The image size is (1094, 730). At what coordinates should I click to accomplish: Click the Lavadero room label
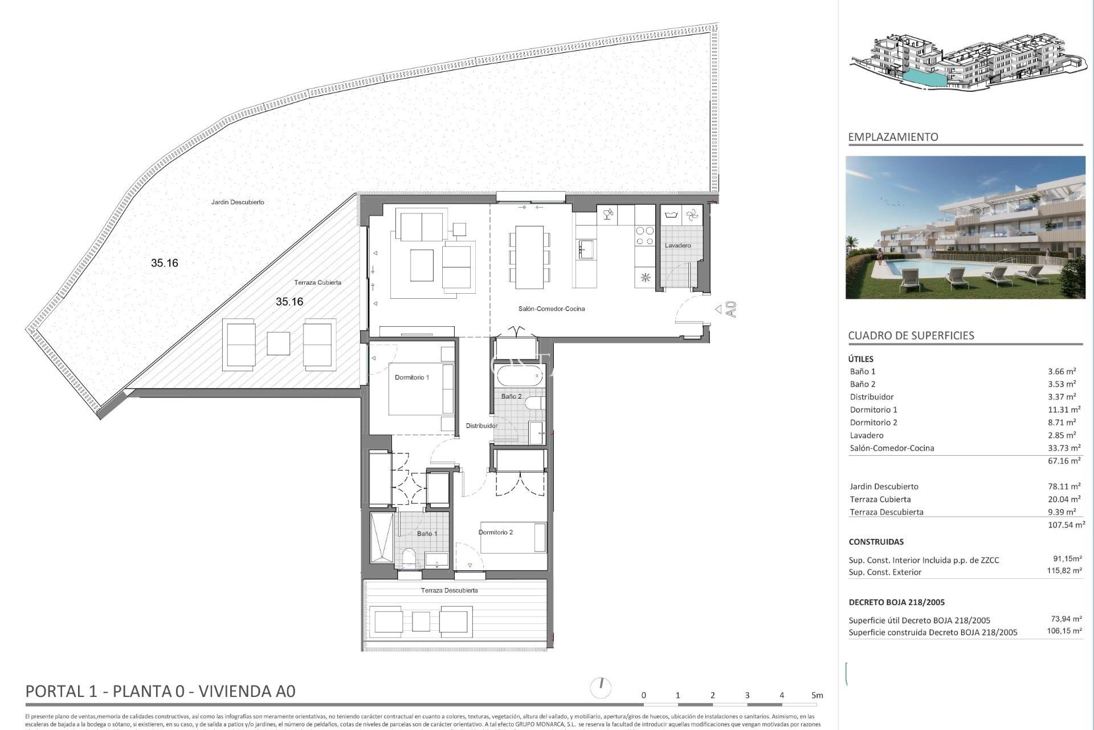click(677, 245)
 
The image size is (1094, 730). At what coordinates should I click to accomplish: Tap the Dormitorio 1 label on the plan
click(411, 378)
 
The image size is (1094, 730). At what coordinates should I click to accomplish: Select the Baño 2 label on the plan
click(511, 396)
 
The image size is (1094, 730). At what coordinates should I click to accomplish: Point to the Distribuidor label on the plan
click(481, 425)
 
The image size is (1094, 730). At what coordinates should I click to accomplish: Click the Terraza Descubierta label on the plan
click(449, 590)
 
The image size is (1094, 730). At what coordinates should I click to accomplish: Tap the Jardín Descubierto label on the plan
click(238, 202)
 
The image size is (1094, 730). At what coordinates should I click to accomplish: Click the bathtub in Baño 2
click(519, 377)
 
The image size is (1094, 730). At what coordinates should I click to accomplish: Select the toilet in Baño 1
click(409, 558)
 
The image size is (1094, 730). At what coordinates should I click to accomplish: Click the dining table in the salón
click(529, 257)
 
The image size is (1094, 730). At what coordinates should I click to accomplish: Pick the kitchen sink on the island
click(586, 249)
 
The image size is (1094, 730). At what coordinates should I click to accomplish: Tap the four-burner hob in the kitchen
click(644, 236)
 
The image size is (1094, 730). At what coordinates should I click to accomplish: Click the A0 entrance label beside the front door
click(732, 309)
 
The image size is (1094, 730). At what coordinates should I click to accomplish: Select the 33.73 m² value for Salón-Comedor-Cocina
click(1064, 448)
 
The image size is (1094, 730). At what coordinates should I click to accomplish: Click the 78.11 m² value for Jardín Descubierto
click(1064, 486)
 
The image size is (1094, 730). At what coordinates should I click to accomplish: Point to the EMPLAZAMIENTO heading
click(892, 137)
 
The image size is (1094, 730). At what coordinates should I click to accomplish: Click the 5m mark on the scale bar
click(817, 695)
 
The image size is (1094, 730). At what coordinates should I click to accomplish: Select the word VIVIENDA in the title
click(232, 691)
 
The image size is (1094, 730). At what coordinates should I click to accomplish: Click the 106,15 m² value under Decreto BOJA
click(1064, 631)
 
